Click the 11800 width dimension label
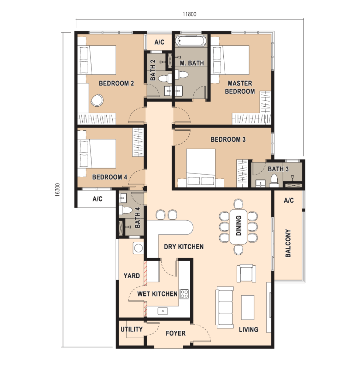click(189, 14)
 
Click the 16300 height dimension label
click(57, 190)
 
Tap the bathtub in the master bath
click(191, 41)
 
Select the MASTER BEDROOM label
click(240, 87)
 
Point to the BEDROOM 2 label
click(116, 83)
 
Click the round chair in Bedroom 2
click(97, 100)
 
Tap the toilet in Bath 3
click(274, 181)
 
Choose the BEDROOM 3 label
click(228, 139)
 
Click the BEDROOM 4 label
click(110, 177)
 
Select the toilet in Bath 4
click(126, 210)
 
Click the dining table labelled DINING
click(239, 227)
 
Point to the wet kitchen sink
click(163, 311)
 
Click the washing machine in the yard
click(138, 248)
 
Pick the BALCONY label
click(288, 243)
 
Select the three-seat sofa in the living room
click(225, 307)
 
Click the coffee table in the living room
click(248, 307)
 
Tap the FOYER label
click(175, 333)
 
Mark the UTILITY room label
click(131, 329)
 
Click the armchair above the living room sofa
click(246, 273)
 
